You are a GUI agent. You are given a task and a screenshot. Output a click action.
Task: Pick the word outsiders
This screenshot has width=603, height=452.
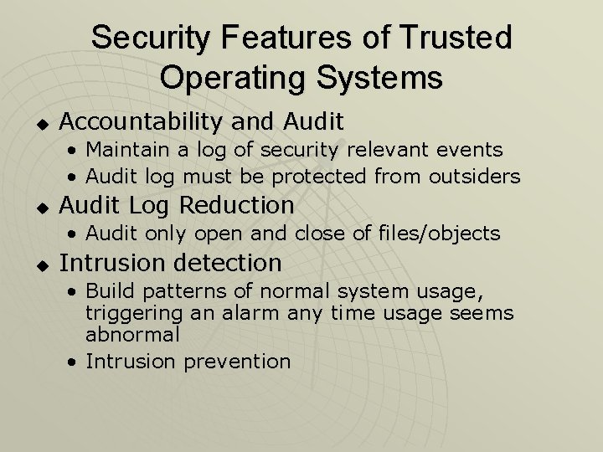474,177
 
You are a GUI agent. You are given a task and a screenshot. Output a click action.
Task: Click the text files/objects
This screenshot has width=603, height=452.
441,234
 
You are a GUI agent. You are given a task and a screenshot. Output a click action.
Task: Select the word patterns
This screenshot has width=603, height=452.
174,292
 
